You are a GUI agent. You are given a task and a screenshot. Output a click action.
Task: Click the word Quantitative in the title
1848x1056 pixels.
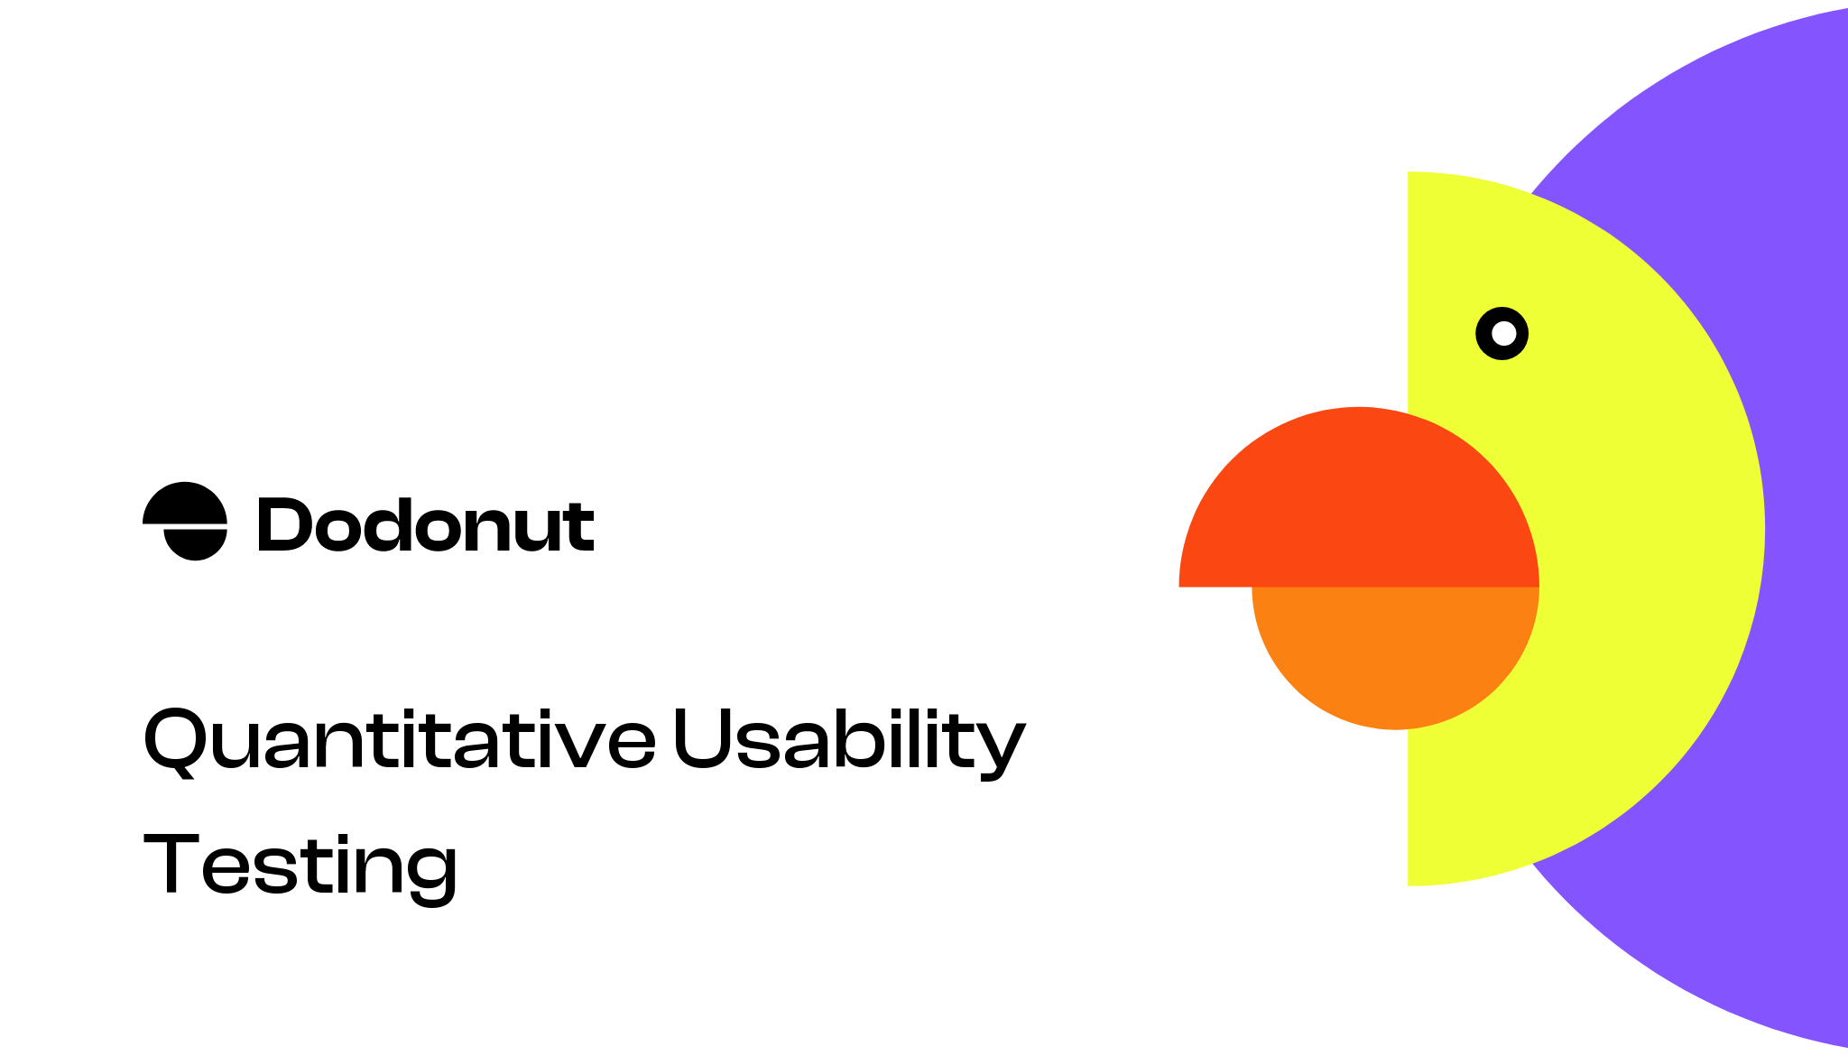coord(399,740)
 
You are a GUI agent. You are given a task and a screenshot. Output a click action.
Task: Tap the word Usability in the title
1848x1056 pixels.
coord(848,740)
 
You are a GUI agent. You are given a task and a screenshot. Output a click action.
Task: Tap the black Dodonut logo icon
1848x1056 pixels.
coord(185,521)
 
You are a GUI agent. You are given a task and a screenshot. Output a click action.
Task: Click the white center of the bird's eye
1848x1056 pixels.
coord(1503,334)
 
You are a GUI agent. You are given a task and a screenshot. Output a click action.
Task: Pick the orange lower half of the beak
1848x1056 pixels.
coord(1394,650)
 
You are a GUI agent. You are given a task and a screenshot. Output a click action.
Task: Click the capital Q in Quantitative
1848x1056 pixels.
coord(173,740)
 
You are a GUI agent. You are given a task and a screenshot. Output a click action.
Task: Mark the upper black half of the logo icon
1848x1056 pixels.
coord(185,503)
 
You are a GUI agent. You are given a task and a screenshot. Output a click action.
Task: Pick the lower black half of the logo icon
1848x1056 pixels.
coord(194,543)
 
